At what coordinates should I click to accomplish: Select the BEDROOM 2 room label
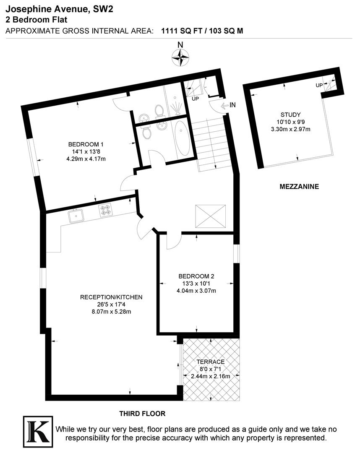point(196,276)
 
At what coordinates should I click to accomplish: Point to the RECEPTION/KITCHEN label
point(111,297)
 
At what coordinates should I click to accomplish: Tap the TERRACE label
point(210,362)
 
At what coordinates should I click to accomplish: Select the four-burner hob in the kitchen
point(105,209)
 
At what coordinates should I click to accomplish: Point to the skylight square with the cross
point(211,216)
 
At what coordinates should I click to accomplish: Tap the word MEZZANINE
point(299,186)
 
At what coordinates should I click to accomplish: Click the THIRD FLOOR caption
point(142,414)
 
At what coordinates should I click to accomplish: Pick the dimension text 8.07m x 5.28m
point(111,312)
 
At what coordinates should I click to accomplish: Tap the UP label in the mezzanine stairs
point(319,85)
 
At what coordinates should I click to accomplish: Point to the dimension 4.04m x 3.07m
point(196,291)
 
